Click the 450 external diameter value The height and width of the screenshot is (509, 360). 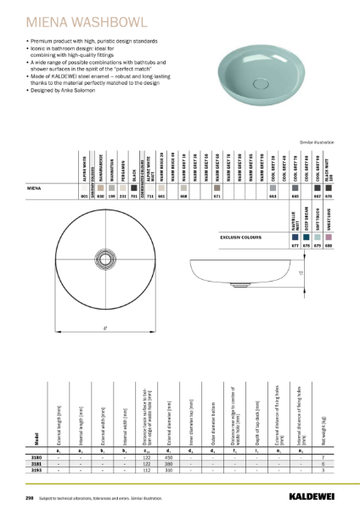(x=169, y=456)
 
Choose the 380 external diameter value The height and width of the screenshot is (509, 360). (x=169, y=463)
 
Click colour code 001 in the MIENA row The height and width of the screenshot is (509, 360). (x=83, y=196)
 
